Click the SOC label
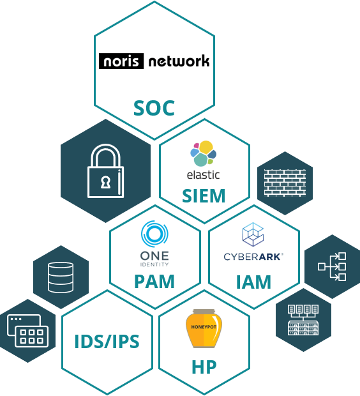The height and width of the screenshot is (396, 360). [154, 108]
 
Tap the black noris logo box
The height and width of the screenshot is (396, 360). [121, 61]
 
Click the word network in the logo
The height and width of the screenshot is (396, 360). [179, 61]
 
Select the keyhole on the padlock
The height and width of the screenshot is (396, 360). [105, 182]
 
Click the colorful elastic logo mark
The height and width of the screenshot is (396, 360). [203, 153]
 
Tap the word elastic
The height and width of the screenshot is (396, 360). [203, 175]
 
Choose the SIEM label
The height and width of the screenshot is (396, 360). [204, 195]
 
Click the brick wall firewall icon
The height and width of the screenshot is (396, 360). [285, 183]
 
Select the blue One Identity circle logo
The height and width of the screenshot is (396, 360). [154, 234]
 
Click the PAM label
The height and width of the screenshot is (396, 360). [154, 281]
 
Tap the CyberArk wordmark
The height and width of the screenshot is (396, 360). [253, 257]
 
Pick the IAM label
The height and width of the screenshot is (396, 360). [253, 282]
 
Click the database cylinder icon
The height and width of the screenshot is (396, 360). [61, 277]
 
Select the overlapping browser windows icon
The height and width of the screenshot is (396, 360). [28, 331]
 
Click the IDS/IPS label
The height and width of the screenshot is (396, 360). [107, 342]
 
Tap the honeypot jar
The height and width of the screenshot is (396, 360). [204, 328]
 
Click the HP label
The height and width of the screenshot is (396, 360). [204, 367]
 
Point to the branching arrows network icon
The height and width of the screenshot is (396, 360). [332, 267]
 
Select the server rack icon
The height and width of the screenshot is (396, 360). [303, 320]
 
